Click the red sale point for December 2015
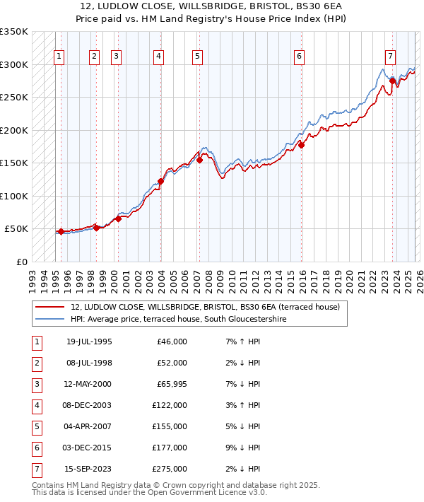coord(301,145)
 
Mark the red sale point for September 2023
coord(392,81)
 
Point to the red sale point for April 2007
coord(199,160)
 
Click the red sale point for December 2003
coord(160,182)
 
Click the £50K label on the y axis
coord(17,229)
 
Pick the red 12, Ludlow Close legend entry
coord(205,307)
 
